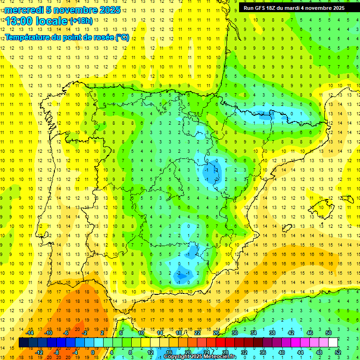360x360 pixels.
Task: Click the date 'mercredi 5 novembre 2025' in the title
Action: pyautogui.click(x=62, y=10)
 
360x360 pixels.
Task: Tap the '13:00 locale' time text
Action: pyautogui.click(x=37, y=21)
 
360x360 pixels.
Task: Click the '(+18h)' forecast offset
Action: pyautogui.click(x=81, y=21)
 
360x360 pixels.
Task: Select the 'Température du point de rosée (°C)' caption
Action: pyautogui.click(x=67, y=37)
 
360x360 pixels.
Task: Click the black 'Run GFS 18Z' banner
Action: pyautogui.click(x=293, y=8)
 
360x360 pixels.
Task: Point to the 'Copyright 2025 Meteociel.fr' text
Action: pyautogui.click(x=200, y=357)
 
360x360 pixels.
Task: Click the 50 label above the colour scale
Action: pyautogui.click(x=328, y=333)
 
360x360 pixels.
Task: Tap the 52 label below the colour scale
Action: pyautogui.click(x=338, y=352)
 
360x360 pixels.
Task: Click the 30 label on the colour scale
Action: pyautogui.click(x=234, y=333)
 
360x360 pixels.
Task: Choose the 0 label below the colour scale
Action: pyautogui.click(x=93, y=352)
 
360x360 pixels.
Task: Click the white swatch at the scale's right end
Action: pyautogui.click(x=333, y=343)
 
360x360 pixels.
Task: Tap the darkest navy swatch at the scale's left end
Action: pyautogui.click(x=23, y=343)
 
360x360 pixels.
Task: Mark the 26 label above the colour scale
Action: pyautogui.click(x=216, y=333)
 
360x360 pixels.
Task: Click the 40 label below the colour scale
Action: pyautogui.click(x=281, y=352)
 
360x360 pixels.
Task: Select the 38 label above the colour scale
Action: pyautogui.click(x=272, y=333)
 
